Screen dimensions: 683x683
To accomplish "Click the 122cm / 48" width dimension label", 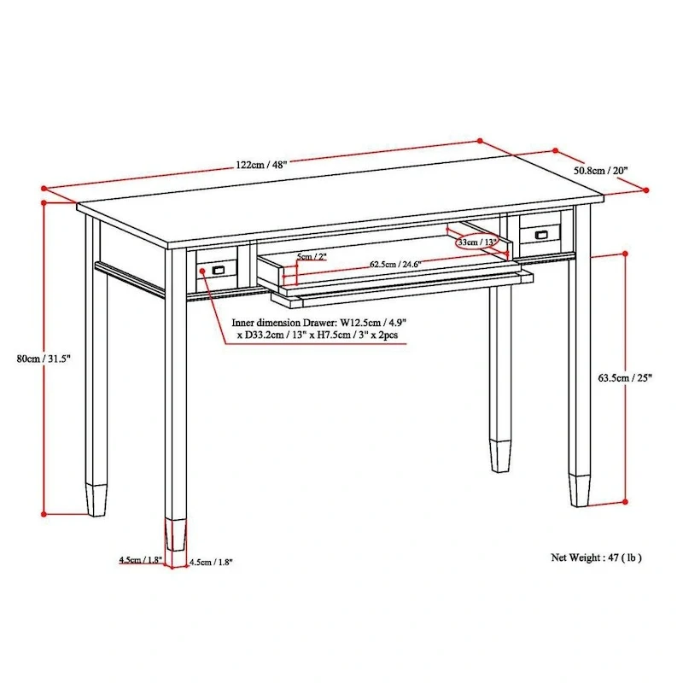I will point(262,165).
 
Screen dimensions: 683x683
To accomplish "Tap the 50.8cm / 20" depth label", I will point(600,171).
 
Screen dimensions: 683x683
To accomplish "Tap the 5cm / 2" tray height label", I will point(312,257).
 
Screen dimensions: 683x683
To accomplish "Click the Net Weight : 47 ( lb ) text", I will point(596,557).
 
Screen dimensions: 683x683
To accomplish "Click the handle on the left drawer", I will point(218,270).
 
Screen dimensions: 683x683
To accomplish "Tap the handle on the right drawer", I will point(540,234).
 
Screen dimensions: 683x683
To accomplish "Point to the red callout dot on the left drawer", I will point(202,271).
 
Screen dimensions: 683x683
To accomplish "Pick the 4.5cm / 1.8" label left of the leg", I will point(140,560).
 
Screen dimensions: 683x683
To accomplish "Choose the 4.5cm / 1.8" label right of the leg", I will point(210,562).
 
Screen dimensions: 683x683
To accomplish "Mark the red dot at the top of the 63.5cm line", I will point(628,254).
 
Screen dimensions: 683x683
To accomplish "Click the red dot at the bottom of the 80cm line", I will point(44,514).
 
